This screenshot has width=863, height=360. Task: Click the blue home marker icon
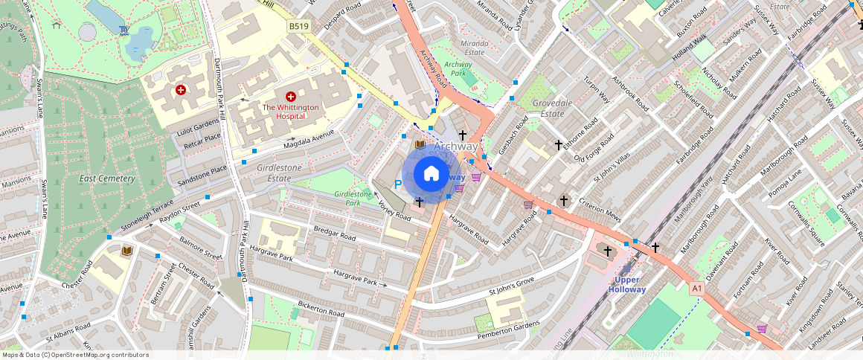tap(431, 174)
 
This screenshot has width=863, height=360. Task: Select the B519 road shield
tap(298, 26)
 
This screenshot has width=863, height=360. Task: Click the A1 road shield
tap(696, 288)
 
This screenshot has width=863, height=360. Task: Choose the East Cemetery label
tap(101, 179)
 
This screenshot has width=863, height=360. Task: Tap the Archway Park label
tap(463, 69)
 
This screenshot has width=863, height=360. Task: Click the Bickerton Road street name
tap(321, 309)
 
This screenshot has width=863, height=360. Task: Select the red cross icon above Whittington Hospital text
tap(291, 97)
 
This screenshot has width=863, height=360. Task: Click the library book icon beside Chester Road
tap(126, 251)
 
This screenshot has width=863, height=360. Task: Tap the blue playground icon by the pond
tap(123, 30)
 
